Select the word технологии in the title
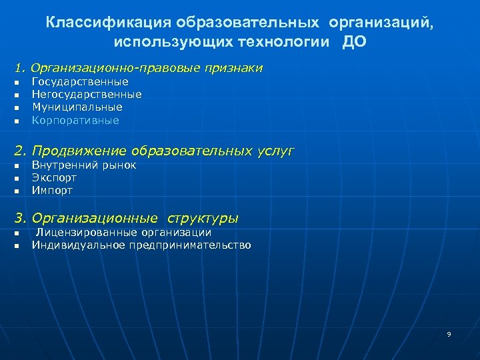[278, 42]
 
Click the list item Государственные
[80, 81]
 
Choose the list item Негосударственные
[87, 94]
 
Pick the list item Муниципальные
[77, 107]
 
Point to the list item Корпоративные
[75, 120]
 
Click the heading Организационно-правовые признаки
[147, 68]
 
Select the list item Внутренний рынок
[84, 165]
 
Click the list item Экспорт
[54, 177]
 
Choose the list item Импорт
[52, 190]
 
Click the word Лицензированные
[86, 232]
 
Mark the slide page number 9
[449, 334]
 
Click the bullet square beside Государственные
[17, 82]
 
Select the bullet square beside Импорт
[17, 191]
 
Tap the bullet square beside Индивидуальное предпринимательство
[17, 245]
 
